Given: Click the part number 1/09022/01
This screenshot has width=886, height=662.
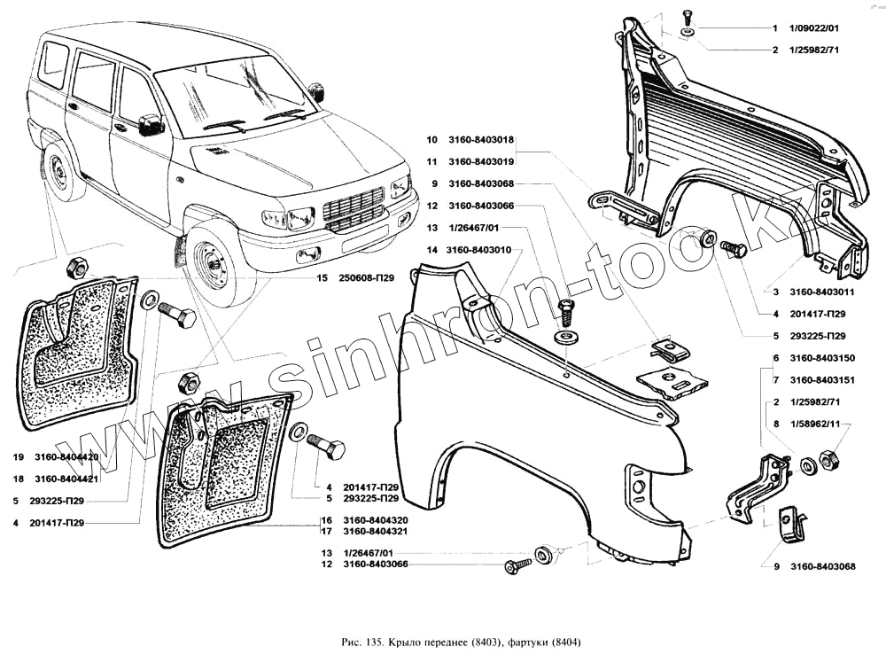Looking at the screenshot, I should (x=812, y=28).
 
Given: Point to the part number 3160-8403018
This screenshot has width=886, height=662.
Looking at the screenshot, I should (x=482, y=140).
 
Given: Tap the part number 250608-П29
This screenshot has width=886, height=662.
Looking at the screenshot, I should (x=369, y=277).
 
